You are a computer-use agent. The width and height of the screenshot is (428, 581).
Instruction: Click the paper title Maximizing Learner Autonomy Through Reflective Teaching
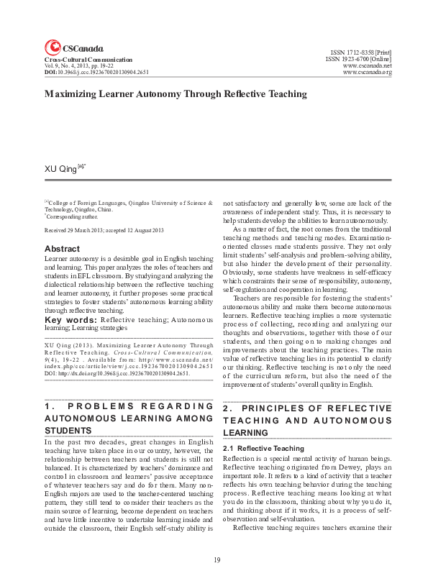point(165,94)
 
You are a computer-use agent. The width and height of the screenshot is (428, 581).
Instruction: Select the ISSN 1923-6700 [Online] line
point(358,60)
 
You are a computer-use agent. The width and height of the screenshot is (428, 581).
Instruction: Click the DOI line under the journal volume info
point(96,73)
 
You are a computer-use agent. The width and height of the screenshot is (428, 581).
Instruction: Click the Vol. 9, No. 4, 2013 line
point(80,66)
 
